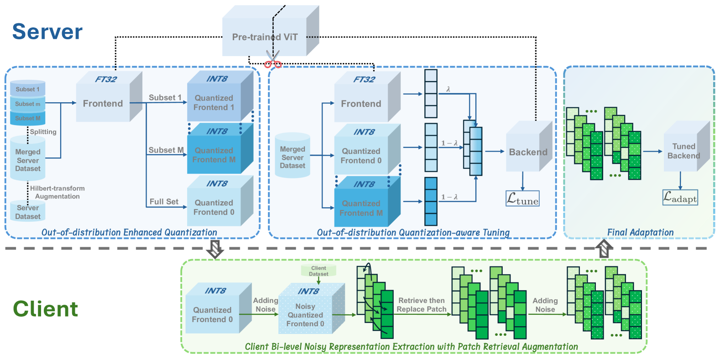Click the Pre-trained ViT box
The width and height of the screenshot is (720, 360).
(265, 37)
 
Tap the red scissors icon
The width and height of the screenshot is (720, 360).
(273, 61)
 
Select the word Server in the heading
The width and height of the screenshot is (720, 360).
(47, 32)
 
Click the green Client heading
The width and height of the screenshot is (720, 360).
(46, 309)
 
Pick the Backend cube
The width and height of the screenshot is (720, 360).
(528, 152)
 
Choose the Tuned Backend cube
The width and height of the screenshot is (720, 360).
(683, 151)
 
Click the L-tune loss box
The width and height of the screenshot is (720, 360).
(522, 199)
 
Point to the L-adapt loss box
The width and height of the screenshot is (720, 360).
(680, 198)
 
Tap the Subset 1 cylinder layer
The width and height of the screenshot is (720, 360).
(28, 89)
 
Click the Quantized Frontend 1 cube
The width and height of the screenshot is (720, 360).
(214, 103)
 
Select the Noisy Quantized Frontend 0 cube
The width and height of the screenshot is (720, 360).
(305, 315)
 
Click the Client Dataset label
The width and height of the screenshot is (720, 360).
(318, 271)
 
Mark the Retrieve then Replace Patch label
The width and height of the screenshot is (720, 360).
(422, 305)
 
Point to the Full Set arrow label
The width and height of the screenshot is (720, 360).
(164, 202)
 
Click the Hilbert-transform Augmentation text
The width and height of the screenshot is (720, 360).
(57, 192)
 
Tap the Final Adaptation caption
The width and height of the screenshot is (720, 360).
(640, 232)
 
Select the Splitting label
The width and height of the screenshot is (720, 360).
(43, 132)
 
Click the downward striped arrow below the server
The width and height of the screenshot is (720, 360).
(214, 249)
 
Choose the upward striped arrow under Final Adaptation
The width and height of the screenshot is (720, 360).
(604, 249)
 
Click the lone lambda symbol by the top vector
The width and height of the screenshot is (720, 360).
(448, 89)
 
